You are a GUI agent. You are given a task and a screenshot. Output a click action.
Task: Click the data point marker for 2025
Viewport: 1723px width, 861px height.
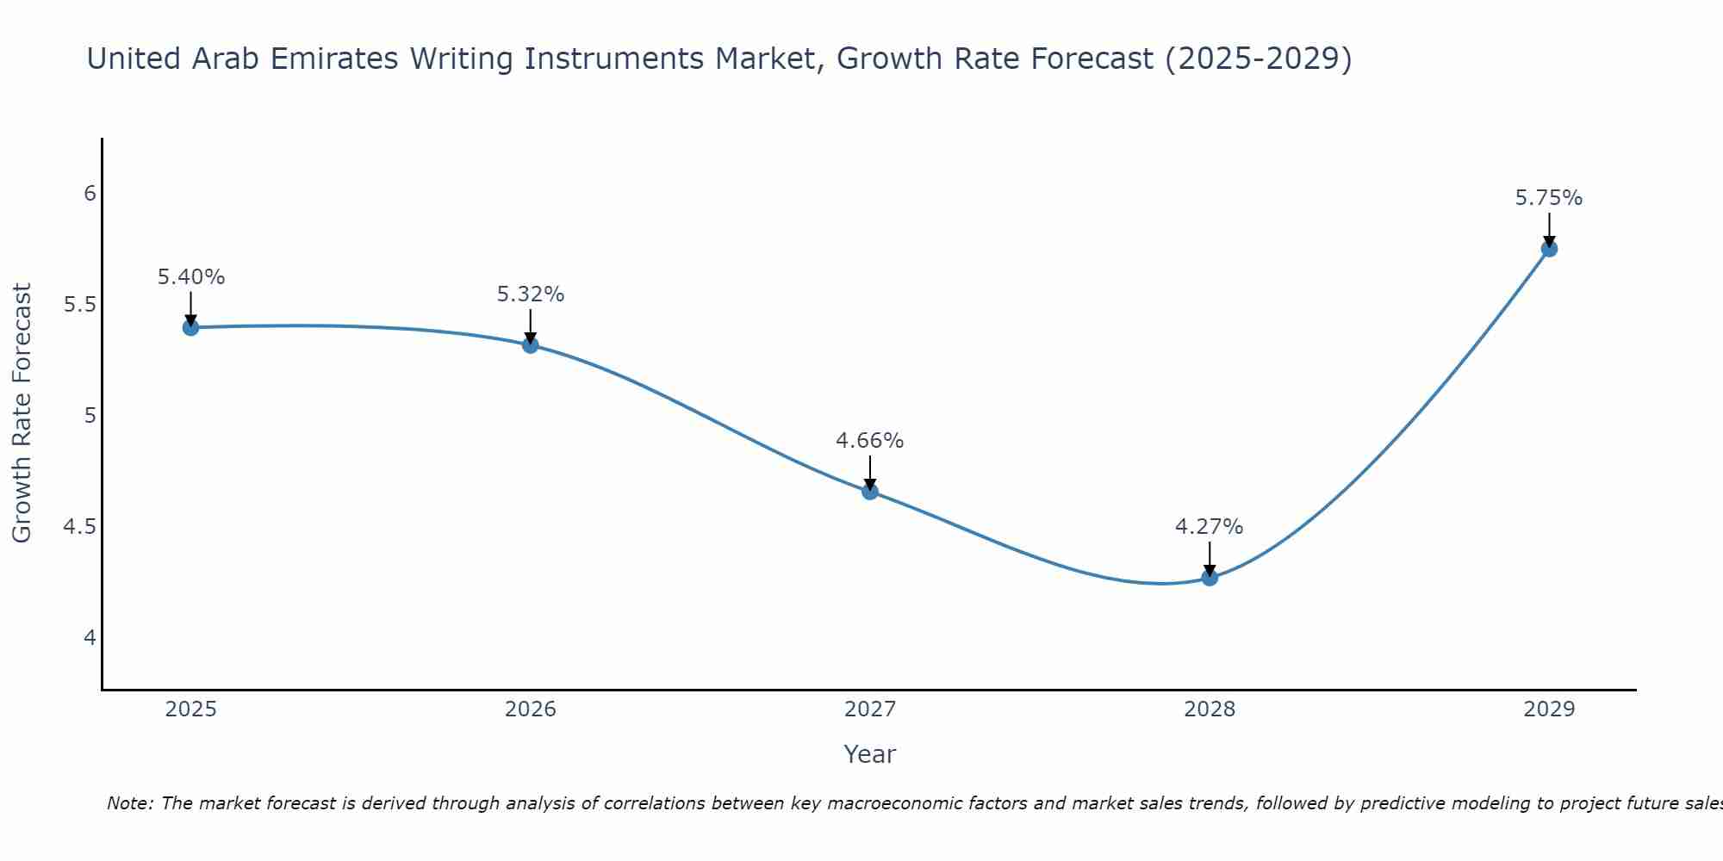191,327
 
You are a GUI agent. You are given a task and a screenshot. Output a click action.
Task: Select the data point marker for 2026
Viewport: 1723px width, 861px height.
531,345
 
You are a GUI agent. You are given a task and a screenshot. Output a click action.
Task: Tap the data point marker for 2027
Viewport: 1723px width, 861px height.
870,492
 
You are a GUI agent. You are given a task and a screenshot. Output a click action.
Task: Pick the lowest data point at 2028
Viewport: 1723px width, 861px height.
1210,578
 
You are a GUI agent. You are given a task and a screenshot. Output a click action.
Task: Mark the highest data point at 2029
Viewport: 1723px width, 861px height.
1549,249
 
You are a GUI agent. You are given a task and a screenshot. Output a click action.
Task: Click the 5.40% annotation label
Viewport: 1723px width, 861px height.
191,277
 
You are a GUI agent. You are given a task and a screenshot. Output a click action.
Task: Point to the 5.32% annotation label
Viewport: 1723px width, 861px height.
531,294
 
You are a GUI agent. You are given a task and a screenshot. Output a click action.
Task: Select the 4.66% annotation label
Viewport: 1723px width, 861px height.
870,441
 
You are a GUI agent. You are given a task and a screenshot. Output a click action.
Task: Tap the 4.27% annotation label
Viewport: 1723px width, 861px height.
1210,527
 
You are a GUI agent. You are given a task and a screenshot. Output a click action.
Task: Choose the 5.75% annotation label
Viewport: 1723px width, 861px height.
1549,198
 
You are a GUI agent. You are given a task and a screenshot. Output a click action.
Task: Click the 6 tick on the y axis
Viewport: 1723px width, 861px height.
90,194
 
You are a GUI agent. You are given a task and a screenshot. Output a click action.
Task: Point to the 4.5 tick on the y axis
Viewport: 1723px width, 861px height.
80,527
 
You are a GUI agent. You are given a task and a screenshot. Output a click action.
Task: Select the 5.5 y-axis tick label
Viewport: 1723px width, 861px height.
80,305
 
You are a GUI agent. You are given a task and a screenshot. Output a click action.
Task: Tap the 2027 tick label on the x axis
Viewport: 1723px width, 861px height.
870,709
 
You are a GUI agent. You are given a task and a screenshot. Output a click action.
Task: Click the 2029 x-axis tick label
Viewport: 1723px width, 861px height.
1549,709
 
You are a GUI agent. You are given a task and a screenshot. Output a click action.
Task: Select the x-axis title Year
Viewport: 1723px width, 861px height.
870,754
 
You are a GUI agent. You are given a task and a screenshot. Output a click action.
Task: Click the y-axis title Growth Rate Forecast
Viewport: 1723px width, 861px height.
22,413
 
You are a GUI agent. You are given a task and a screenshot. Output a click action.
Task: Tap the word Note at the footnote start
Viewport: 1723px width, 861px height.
129,803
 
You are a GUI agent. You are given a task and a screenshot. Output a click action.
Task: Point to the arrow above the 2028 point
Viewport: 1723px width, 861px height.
1210,559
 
